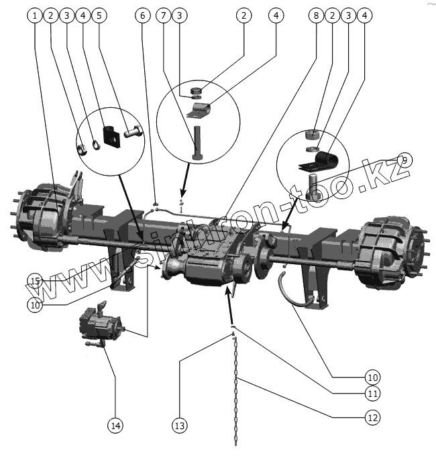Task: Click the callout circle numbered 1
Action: (x=36, y=15)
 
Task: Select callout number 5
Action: (x=99, y=15)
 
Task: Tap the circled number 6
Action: (x=143, y=15)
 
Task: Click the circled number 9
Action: (x=404, y=160)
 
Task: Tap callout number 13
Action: (x=180, y=424)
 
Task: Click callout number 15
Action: (x=35, y=280)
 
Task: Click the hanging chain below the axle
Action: (x=236, y=389)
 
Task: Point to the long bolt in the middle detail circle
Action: (x=197, y=141)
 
